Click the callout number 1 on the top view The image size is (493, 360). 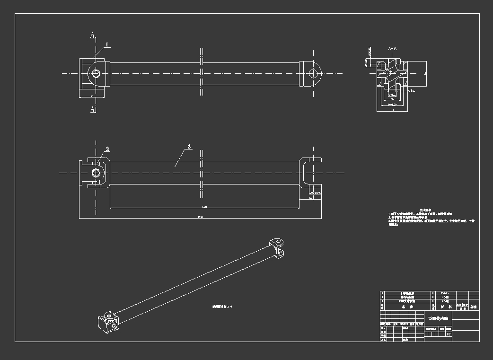pyautogui.click(x=107, y=44)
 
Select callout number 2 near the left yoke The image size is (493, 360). pyautogui.click(x=107, y=149)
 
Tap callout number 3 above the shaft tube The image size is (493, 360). pyautogui.click(x=189, y=147)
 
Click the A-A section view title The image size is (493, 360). pyautogui.click(x=392, y=49)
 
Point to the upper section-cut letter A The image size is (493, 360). pyautogui.click(x=93, y=35)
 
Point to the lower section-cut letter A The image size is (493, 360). pyautogui.click(x=93, y=110)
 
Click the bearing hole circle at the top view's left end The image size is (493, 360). pyautogui.click(x=97, y=74)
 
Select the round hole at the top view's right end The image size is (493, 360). pyautogui.click(x=312, y=73)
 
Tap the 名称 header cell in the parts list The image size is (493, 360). pyautogui.click(x=405, y=307)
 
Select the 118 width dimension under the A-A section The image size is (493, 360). pyautogui.click(x=392, y=110)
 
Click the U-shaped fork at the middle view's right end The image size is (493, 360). pyautogui.click(x=310, y=173)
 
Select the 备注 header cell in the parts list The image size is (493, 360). pyautogui.click(x=473, y=307)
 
